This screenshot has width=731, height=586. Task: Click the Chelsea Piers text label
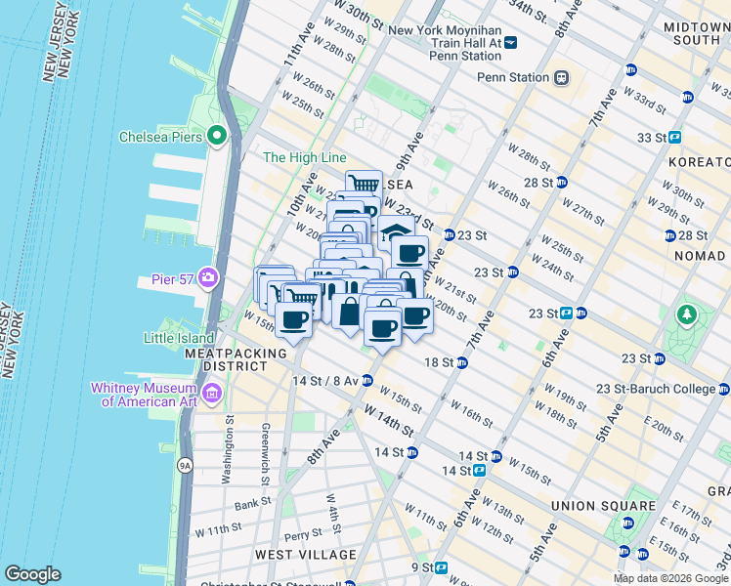pyautogui.click(x=160, y=137)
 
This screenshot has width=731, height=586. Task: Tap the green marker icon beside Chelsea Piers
pyautogui.click(x=217, y=137)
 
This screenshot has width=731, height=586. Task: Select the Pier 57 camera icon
pyautogui.click(x=207, y=279)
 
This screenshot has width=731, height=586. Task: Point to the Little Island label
pyautogui.click(x=179, y=338)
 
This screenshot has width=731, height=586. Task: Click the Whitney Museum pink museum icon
pyautogui.click(x=213, y=394)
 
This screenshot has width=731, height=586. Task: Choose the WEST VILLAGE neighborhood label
pyautogui.click(x=305, y=555)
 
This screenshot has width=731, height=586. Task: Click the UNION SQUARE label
pyautogui.click(x=602, y=506)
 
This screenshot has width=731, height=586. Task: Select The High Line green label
pyautogui.click(x=304, y=157)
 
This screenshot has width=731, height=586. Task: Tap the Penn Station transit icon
pyautogui.click(x=562, y=77)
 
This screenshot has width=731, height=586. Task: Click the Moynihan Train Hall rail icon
pyautogui.click(x=511, y=42)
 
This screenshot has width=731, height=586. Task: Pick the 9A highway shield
pyautogui.click(x=185, y=466)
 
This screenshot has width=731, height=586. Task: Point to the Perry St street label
pyautogui.click(x=304, y=534)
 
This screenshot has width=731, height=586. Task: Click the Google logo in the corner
pyautogui.click(x=32, y=574)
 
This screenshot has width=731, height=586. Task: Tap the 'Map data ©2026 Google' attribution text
pyautogui.click(x=670, y=578)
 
